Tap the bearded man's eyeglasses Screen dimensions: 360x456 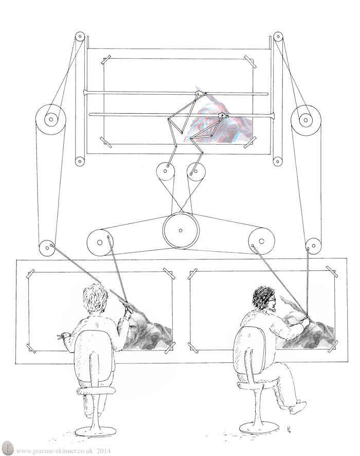[x=272, y=299]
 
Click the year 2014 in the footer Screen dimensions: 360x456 [x=104, y=451]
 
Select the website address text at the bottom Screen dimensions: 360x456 [x=55, y=451]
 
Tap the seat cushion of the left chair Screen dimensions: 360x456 [x=95, y=392]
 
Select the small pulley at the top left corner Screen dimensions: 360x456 [x=79, y=38]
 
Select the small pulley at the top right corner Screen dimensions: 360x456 [x=278, y=37]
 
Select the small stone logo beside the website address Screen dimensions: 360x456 [x=8, y=450]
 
